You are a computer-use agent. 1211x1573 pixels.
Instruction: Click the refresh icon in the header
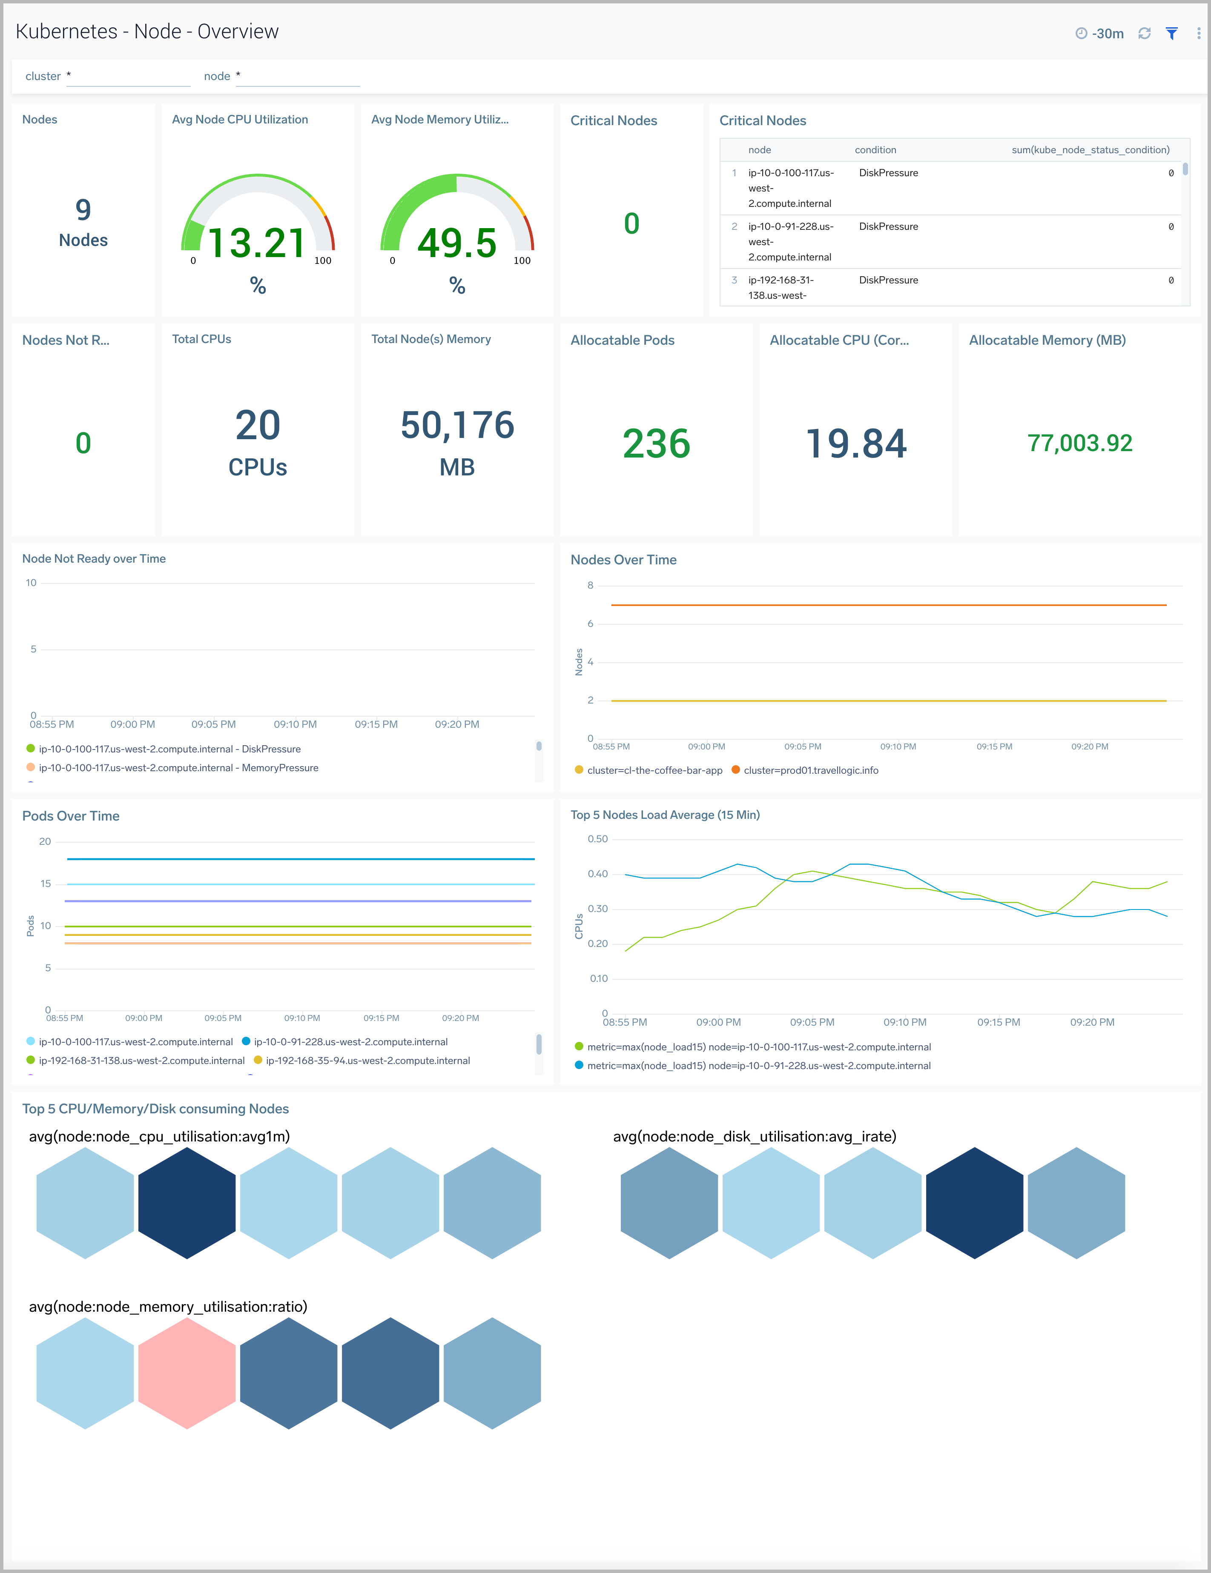click(x=1144, y=33)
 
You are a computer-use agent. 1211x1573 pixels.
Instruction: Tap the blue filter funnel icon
click(x=1171, y=33)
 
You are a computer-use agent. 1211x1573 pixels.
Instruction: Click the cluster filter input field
click(x=128, y=76)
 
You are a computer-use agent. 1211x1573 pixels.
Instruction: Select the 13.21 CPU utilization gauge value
click(x=257, y=243)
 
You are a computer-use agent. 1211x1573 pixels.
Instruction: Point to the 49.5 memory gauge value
click(x=457, y=243)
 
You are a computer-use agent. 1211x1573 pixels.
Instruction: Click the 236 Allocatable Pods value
click(x=656, y=443)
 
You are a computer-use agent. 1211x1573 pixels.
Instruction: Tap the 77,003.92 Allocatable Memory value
click(x=1079, y=443)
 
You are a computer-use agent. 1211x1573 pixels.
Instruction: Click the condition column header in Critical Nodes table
click(x=875, y=150)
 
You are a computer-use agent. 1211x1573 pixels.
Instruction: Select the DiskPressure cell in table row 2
click(x=888, y=226)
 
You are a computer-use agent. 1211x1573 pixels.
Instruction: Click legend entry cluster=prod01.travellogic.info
click(x=810, y=770)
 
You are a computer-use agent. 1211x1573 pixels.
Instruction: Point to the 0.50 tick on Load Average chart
click(x=597, y=839)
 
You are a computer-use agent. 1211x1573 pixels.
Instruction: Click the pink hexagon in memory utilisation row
click(x=187, y=1373)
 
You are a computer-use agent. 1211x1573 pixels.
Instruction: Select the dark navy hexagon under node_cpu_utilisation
click(x=187, y=1203)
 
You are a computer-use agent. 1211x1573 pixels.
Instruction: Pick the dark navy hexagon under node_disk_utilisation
click(x=974, y=1203)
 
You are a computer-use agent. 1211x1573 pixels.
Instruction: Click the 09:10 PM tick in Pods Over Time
click(x=302, y=1018)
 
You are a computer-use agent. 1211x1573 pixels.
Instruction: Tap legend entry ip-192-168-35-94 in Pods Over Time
click(x=367, y=1060)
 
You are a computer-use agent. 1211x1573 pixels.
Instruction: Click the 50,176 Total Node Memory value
click(x=457, y=425)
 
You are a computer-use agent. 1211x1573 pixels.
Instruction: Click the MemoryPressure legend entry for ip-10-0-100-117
click(x=178, y=768)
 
